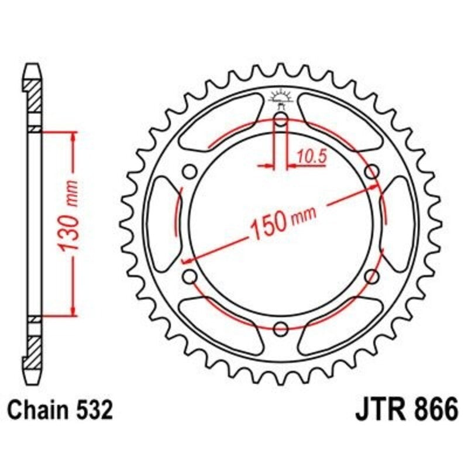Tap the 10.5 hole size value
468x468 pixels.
[311, 156]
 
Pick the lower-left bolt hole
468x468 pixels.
[189, 276]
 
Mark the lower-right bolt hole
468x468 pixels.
[371, 276]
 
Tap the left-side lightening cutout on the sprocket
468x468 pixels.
[162, 223]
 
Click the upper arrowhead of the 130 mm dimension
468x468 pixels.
[73, 136]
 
